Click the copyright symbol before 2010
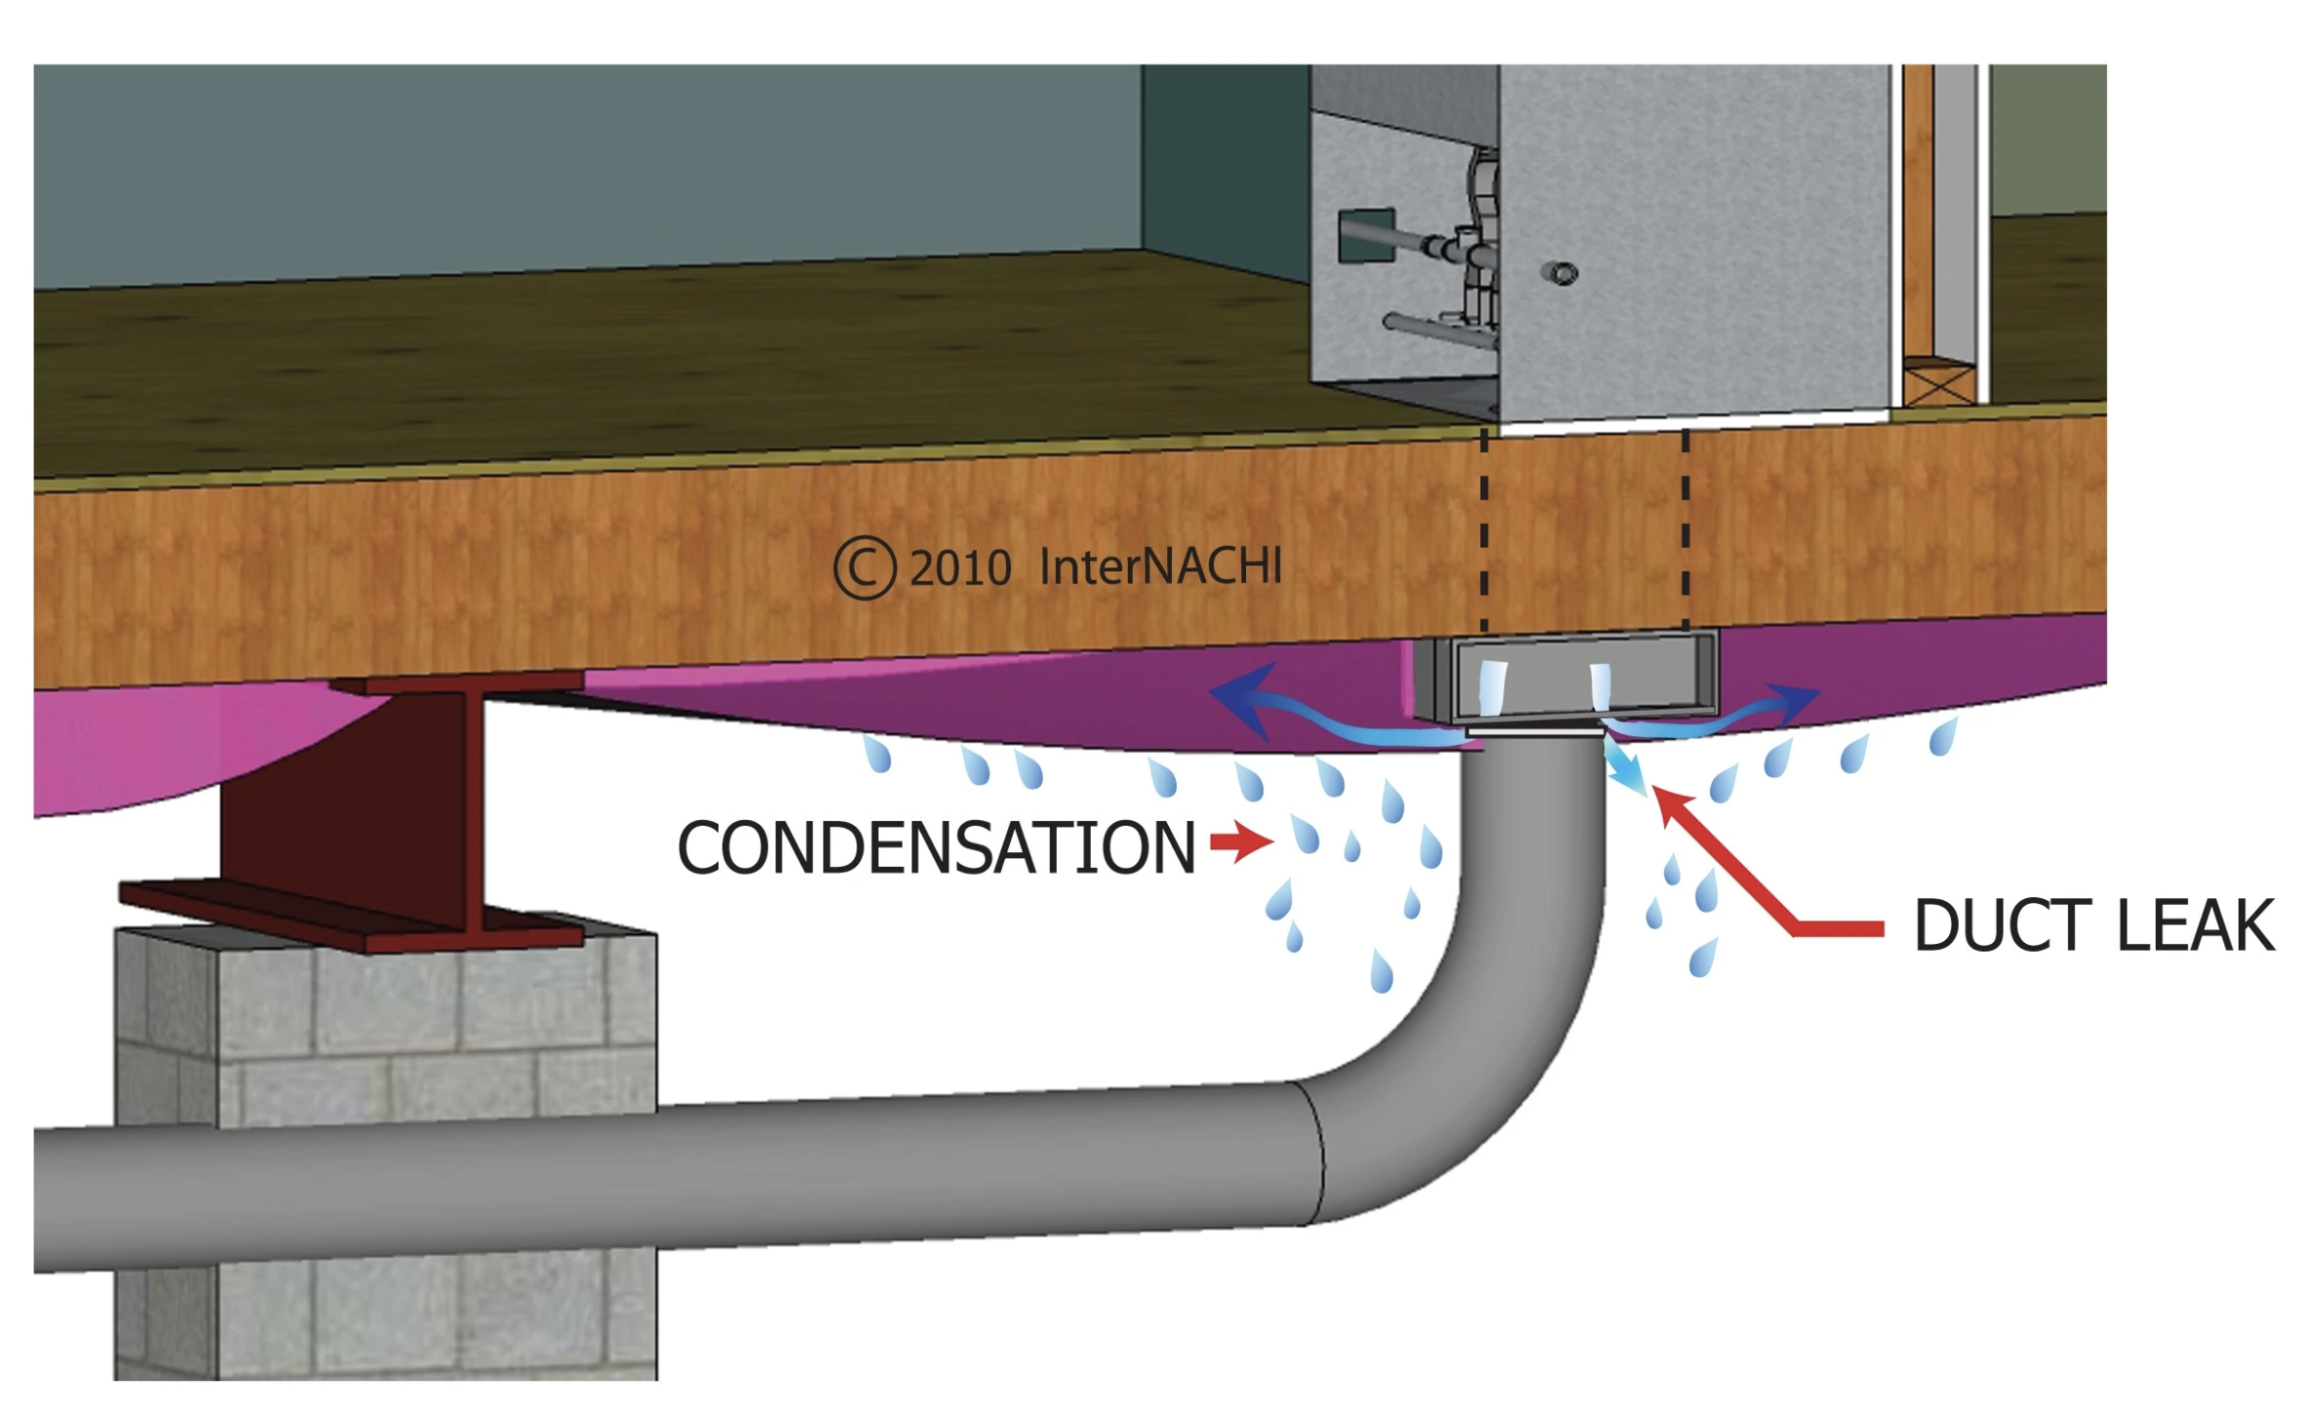pos(864,568)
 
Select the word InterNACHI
pos(1160,566)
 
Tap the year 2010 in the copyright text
pos(960,569)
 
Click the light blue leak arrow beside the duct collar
pos(1624,766)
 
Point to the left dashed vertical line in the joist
pos(1484,531)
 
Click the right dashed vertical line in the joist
pos(1685,531)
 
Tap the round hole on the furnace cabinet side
pos(1562,273)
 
